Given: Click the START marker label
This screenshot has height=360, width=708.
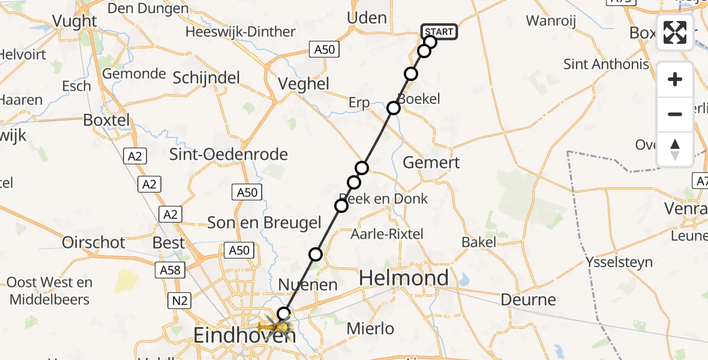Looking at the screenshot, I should point(439,31).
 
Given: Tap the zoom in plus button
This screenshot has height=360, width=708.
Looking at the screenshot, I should point(675,79).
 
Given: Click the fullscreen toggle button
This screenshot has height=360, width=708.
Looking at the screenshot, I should point(675,32).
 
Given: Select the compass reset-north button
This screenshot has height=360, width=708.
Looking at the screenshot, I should point(675,149).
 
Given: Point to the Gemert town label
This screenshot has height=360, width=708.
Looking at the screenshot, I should point(431,162).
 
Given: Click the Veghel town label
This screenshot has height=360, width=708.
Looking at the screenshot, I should point(303,84).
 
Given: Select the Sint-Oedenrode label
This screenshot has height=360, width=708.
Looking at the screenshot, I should point(229,154).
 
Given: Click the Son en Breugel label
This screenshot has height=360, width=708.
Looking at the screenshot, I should point(264,223).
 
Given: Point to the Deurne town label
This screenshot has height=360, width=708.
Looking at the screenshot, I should point(529,299).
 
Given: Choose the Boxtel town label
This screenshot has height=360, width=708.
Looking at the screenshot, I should point(106,120).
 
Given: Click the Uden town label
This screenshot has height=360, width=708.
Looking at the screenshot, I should point(367,18).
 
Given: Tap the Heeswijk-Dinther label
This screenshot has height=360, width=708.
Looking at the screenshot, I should point(240,32).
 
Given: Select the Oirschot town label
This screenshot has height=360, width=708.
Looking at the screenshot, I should point(94,242).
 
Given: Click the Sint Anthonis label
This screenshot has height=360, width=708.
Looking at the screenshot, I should point(606,64).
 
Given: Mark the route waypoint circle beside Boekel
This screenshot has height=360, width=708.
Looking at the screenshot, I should point(394,108).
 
